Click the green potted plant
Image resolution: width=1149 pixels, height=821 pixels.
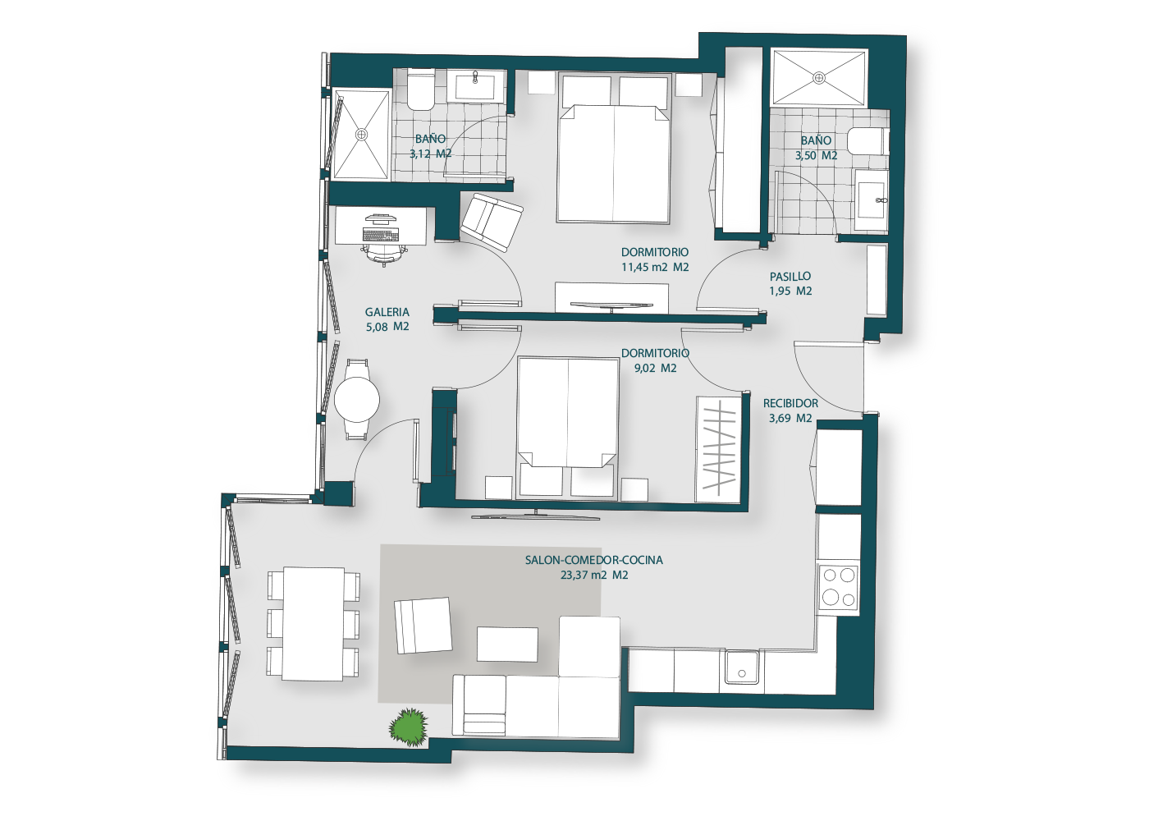click(409, 727)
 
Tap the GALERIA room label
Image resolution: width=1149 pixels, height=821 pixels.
click(387, 312)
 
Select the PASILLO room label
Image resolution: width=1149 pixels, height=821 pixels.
click(790, 277)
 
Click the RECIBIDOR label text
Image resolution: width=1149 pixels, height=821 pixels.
click(790, 403)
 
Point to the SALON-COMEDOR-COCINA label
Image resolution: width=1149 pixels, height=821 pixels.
click(594, 560)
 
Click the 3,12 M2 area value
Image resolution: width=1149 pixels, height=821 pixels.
click(431, 154)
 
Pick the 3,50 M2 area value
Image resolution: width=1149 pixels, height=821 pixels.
click(816, 155)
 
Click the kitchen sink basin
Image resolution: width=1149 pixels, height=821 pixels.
click(742, 667)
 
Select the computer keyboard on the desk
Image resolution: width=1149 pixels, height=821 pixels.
click(381, 235)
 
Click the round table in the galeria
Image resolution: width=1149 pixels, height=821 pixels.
click(357, 400)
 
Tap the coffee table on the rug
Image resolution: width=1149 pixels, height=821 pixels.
click(507, 644)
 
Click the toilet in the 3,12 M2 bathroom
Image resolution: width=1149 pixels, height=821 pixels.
click(420, 91)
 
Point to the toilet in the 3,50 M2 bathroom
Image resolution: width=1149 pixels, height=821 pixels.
click(868, 141)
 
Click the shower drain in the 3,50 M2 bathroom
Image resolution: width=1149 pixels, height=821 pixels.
click(820, 78)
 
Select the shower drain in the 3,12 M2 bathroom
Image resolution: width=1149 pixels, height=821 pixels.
click(362, 135)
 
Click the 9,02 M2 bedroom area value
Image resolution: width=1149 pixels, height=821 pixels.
click(656, 368)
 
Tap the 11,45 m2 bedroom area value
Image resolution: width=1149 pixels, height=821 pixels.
click(655, 267)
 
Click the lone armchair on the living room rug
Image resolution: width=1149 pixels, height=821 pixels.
click(423, 626)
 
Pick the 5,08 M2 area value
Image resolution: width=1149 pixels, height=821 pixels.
click(387, 327)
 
